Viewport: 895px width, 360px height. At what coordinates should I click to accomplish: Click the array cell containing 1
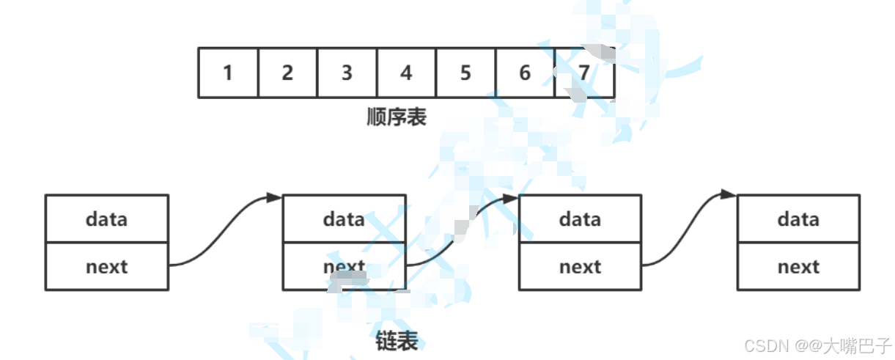tap(228, 73)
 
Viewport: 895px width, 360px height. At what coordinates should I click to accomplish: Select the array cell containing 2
tap(287, 73)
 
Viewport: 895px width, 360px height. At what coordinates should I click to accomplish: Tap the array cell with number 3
tap(347, 73)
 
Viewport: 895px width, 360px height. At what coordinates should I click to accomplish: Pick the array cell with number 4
tap(406, 73)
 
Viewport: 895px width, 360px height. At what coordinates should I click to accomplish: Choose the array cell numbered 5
tap(465, 73)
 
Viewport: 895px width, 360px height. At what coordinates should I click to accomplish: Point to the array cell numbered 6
tap(525, 73)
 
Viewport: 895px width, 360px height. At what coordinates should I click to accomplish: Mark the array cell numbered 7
tap(584, 73)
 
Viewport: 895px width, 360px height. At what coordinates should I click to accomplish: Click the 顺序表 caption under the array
tap(396, 117)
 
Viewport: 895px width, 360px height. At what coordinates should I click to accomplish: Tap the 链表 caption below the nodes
tap(396, 341)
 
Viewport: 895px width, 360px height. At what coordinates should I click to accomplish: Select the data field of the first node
tap(106, 218)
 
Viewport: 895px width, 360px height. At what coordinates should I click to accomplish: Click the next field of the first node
tap(106, 266)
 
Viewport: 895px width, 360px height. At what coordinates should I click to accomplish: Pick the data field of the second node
tap(344, 218)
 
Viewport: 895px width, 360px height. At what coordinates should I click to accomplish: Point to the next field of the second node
tap(344, 266)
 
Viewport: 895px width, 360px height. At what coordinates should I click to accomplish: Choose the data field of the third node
tap(580, 218)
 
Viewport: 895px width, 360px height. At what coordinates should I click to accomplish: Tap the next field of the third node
tap(580, 266)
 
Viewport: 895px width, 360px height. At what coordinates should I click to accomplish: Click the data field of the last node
tap(798, 218)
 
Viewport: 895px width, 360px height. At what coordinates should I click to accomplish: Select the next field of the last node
tap(798, 266)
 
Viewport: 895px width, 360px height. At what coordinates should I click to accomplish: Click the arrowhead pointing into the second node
tap(275, 197)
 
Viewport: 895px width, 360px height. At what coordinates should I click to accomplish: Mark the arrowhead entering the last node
tap(729, 195)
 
